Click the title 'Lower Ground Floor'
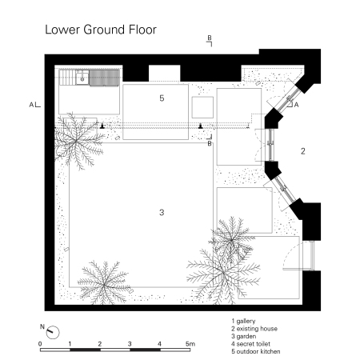[x=100, y=30]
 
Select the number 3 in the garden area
[x=162, y=212]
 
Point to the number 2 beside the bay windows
[x=303, y=150]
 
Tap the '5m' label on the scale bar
[x=190, y=344]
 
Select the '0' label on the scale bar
[x=40, y=344]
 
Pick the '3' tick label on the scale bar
[x=130, y=344]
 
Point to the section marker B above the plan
[x=210, y=38]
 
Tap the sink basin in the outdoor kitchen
[x=80, y=77]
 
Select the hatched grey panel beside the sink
[x=104, y=77]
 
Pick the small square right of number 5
[x=202, y=107]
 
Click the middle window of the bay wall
[x=270, y=146]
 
